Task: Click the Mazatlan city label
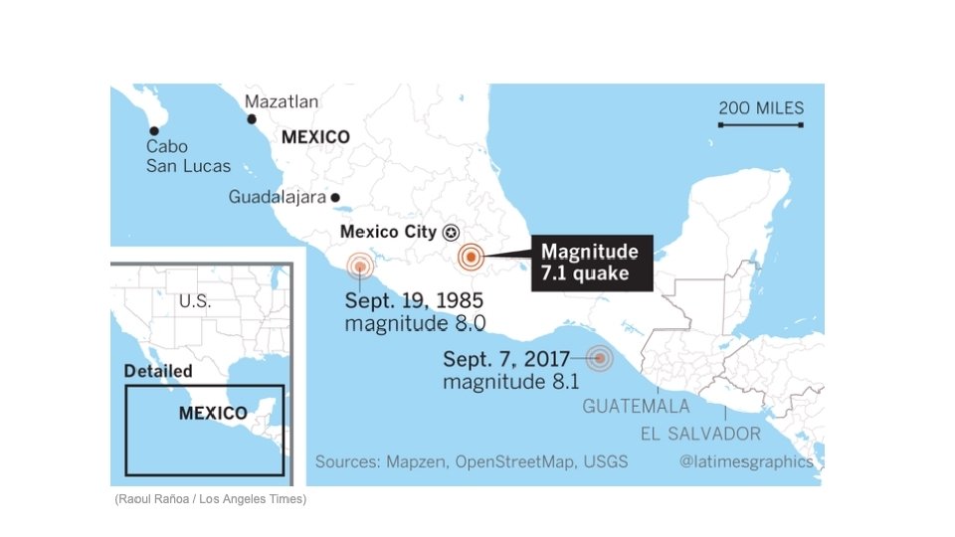[282, 101]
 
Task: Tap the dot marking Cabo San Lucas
[154, 130]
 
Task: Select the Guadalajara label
[278, 197]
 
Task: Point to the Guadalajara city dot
[336, 198]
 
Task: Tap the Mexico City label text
[388, 233]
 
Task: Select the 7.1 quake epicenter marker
[471, 257]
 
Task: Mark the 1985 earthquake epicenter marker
[360, 266]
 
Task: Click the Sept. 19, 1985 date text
[415, 300]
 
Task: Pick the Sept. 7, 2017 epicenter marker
[599, 358]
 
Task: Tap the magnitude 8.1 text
[512, 381]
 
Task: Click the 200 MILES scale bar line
[761, 125]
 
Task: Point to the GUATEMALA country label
[636, 407]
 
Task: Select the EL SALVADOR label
[700, 434]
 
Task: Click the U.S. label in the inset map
[194, 300]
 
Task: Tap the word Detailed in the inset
[158, 371]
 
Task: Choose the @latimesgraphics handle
[746, 461]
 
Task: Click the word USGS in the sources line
[605, 461]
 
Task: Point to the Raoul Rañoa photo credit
[211, 498]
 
